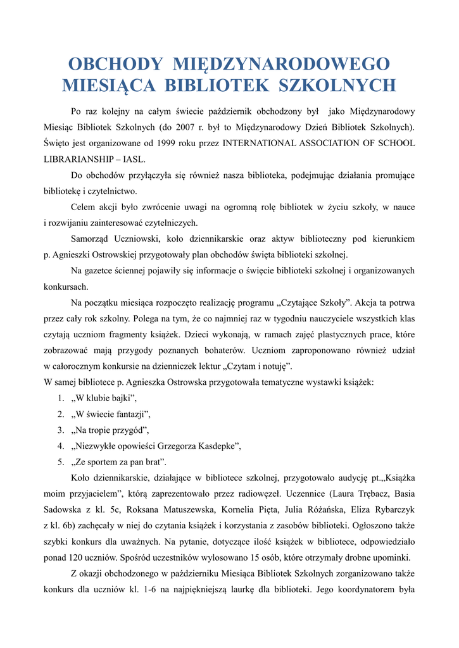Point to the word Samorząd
92,239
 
